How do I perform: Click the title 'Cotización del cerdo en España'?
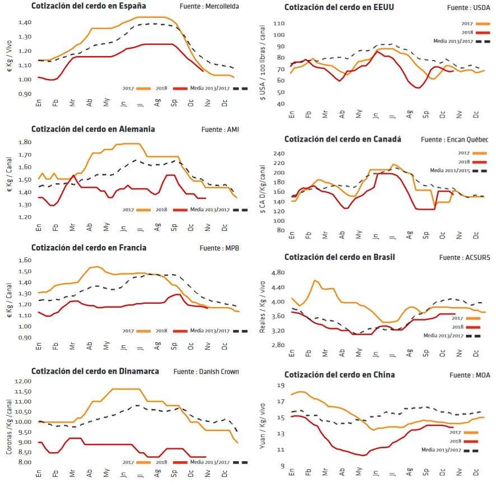89,6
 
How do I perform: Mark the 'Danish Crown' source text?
219,372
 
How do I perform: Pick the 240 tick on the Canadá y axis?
278,153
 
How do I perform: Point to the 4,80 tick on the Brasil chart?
278,273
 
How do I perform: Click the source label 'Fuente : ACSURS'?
465,258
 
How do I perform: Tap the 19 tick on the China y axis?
280,386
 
